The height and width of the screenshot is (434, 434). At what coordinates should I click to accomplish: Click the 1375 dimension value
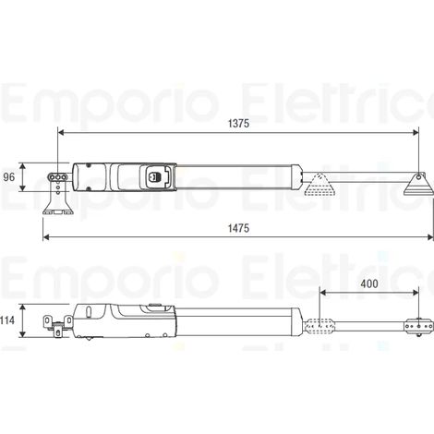click(x=238, y=124)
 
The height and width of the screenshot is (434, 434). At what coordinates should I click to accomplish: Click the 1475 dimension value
click(x=238, y=228)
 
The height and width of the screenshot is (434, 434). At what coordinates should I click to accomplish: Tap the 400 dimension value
click(x=369, y=283)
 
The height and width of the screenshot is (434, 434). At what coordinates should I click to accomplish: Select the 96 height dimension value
click(x=9, y=177)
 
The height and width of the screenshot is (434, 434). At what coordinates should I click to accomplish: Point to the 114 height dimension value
click(x=7, y=320)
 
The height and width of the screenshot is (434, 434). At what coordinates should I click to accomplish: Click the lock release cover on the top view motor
click(x=156, y=176)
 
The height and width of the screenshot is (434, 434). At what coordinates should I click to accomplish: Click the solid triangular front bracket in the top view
click(x=418, y=184)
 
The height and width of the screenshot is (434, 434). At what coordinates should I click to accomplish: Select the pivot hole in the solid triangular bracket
click(x=418, y=177)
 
